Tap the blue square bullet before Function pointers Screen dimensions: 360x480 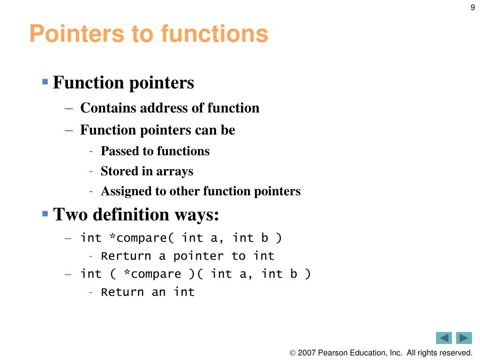(x=45, y=82)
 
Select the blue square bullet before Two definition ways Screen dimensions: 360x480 (x=45, y=213)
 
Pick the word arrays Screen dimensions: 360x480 (x=174, y=171)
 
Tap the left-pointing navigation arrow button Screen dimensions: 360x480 (x=443, y=338)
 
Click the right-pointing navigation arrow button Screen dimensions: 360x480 (x=464, y=338)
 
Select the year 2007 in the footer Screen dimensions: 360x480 (x=307, y=352)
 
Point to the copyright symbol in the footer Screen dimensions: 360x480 (x=293, y=352)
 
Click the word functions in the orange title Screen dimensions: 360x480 (x=214, y=34)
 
